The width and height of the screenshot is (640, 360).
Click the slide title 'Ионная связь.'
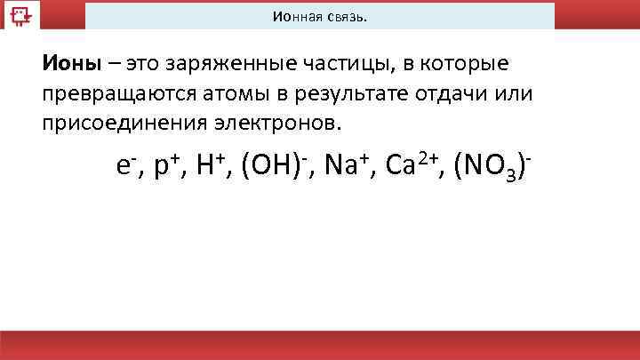(320, 17)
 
